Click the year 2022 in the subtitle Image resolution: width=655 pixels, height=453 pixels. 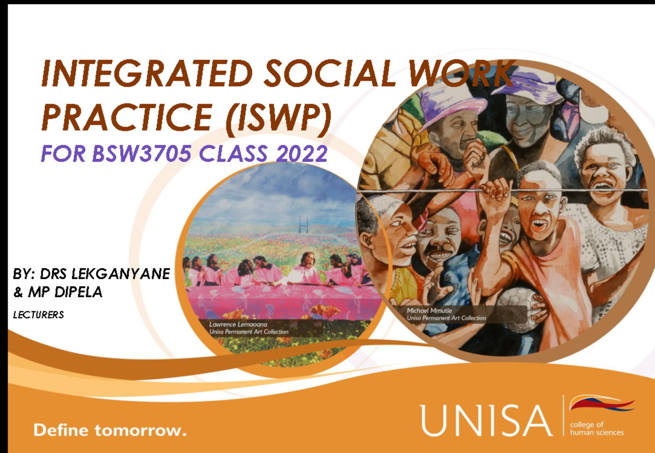(x=301, y=155)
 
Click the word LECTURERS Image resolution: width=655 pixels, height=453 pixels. (x=38, y=315)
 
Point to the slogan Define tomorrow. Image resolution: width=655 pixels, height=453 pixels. (x=110, y=430)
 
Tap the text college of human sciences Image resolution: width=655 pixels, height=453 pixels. (x=596, y=428)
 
